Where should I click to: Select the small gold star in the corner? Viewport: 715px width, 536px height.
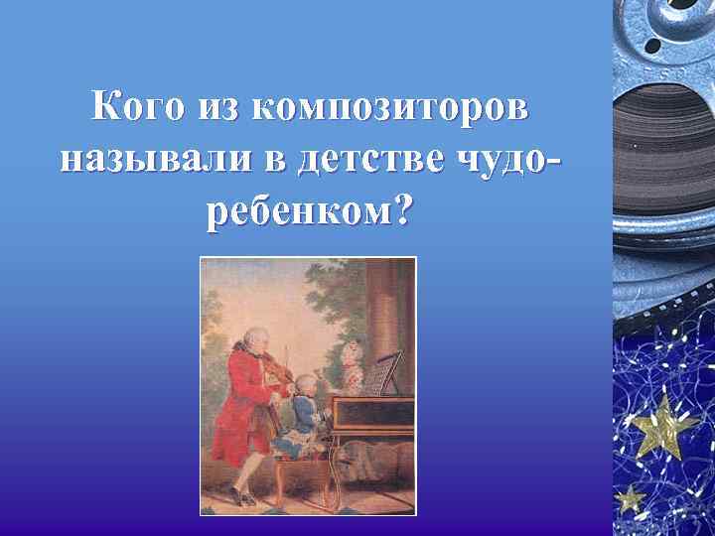[630, 497]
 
